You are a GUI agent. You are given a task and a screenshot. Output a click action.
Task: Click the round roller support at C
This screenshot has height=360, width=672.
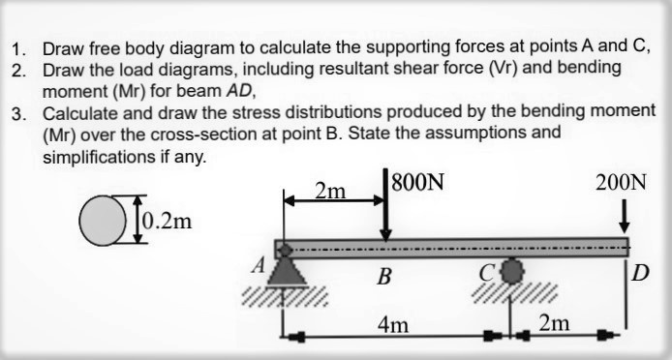point(511,268)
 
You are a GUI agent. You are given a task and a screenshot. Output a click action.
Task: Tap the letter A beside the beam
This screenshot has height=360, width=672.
point(259,262)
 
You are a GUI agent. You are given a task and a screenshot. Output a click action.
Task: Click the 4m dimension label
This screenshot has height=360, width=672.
point(392,323)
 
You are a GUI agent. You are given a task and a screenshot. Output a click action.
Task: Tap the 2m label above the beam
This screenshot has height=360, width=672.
point(331,192)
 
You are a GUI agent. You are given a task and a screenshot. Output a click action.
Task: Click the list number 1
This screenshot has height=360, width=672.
point(16,48)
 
